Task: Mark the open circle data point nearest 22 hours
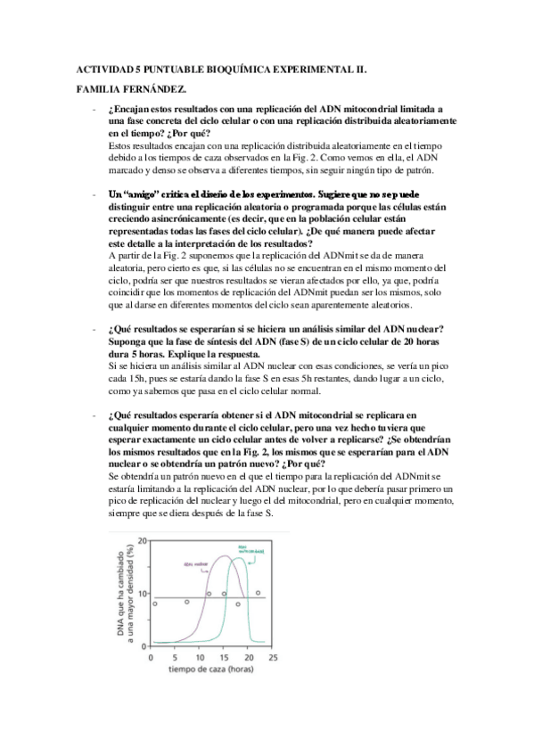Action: (258, 592)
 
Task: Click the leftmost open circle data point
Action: (155, 604)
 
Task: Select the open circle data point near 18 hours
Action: (238, 604)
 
